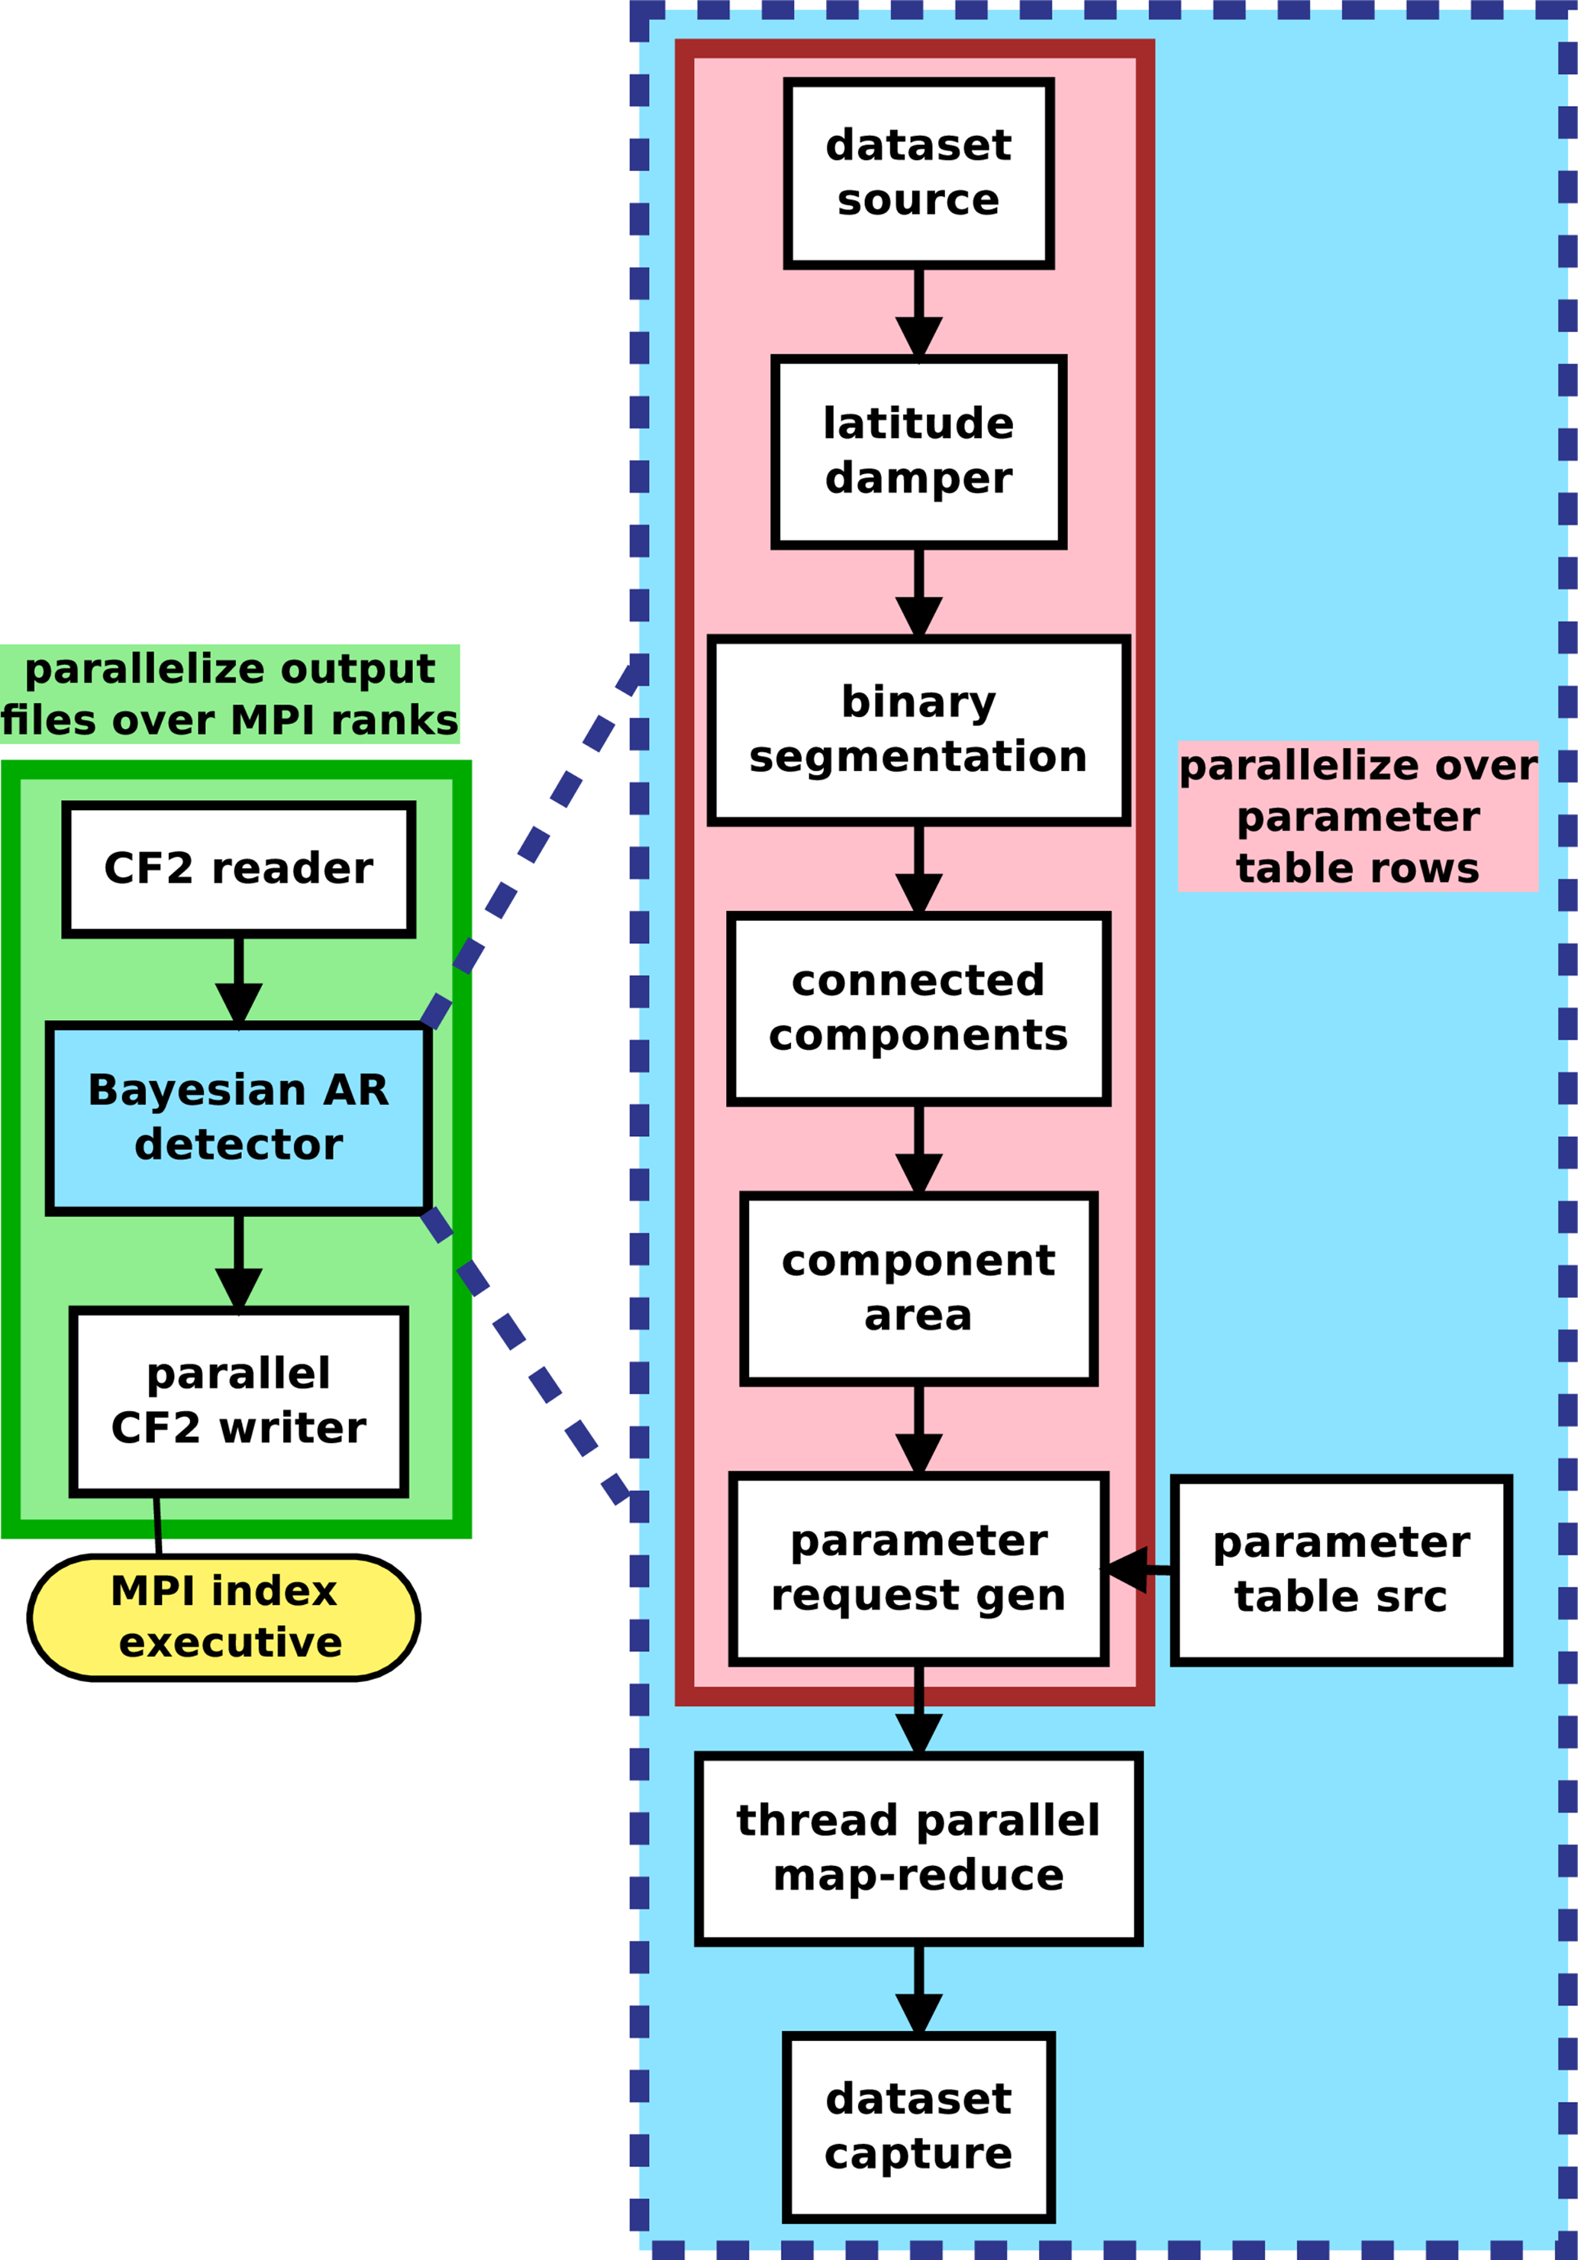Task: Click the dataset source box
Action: point(918,173)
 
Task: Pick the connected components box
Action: point(918,1009)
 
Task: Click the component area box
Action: point(918,1290)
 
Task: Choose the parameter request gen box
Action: point(918,1569)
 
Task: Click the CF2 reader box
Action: point(238,869)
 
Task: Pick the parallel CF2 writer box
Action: point(238,1402)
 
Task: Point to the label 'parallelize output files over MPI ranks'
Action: point(229,695)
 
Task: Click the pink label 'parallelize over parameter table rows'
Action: point(1357,817)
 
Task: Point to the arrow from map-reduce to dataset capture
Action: point(918,1990)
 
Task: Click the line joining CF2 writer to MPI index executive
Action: point(157,1525)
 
